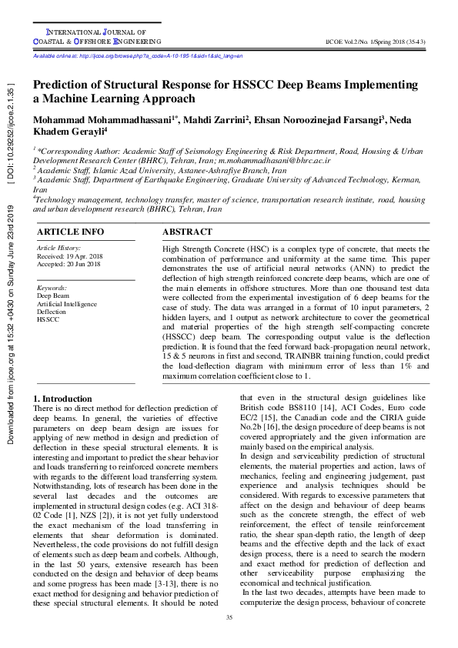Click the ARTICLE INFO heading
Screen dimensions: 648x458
click(x=70, y=232)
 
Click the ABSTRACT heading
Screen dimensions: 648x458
click(x=188, y=232)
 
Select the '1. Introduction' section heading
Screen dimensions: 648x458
click(x=62, y=399)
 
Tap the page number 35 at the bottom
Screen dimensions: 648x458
click(x=229, y=618)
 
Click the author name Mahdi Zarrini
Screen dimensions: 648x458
click(x=199, y=121)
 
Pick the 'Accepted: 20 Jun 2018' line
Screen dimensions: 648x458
click(x=69, y=264)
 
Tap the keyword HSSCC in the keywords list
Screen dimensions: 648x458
click(x=48, y=319)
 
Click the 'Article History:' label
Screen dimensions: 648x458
click(x=59, y=248)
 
